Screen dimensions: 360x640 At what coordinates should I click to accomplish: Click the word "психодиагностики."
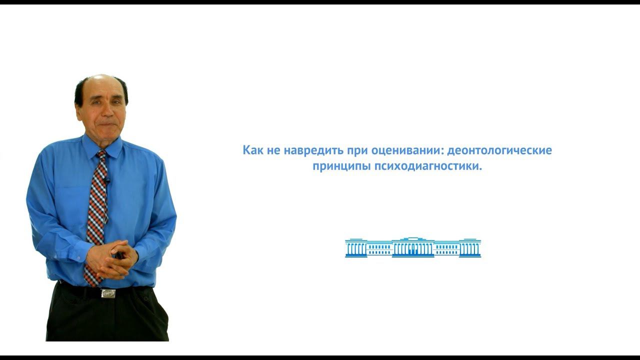click(428, 166)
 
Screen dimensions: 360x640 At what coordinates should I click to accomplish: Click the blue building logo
click(413, 247)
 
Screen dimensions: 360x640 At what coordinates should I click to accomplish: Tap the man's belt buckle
click(108, 293)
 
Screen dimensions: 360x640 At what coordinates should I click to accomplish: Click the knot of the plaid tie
click(101, 155)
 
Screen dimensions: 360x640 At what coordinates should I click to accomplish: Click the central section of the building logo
click(413, 247)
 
